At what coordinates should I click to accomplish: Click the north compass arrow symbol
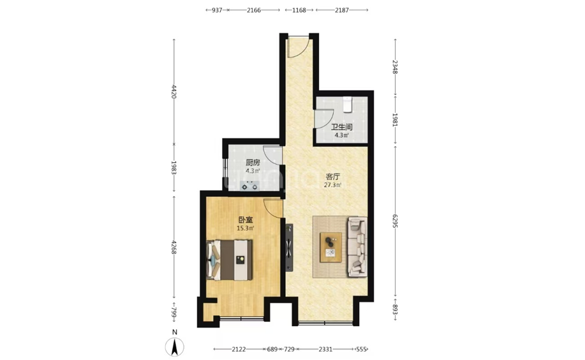point(174,347)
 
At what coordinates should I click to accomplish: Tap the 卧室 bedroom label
point(246,220)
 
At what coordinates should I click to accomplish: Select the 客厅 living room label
point(333,176)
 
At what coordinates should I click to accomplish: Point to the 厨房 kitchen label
point(253,163)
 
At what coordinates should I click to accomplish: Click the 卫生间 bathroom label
point(342,127)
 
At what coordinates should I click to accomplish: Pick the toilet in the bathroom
point(348,104)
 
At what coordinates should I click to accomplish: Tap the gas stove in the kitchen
point(249,186)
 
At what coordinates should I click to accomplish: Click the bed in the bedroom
point(230,260)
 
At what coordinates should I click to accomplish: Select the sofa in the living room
point(357,247)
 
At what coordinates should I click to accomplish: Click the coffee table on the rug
point(330,247)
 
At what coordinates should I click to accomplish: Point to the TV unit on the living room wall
point(289,248)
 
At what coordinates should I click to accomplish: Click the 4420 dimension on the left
point(174,91)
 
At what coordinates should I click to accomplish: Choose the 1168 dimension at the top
point(299,10)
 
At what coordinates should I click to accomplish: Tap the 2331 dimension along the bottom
point(325,349)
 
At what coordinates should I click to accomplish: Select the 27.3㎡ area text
point(333,185)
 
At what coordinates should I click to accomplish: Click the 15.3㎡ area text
point(246,228)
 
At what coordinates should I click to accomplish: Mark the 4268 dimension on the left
point(174,247)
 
